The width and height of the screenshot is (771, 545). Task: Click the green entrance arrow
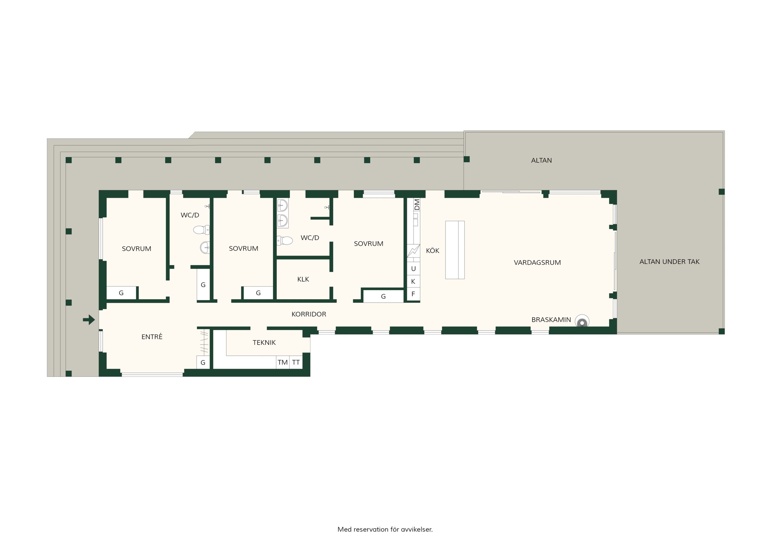[89, 320]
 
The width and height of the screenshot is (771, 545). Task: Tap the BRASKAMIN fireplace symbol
[582, 321]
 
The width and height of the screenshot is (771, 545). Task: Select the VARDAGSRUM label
[537, 263]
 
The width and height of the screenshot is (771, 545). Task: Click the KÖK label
[432, 251]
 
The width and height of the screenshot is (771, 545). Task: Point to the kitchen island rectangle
[455, 250]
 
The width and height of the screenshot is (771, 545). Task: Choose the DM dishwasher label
[417, 204]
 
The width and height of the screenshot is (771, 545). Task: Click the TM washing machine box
[283, 362]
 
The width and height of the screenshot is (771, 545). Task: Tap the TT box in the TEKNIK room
[296, 362]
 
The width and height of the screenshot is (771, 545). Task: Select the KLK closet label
[303, 279]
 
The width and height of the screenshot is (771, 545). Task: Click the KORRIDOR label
[309, 314]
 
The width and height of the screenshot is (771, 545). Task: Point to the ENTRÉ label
[152, 336]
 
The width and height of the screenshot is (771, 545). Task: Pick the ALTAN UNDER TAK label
[669, 262]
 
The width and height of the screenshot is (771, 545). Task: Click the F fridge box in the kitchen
[414, 294]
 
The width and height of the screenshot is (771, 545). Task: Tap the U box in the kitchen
[414, 269]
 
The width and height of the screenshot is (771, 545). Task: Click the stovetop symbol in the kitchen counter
[414, 251]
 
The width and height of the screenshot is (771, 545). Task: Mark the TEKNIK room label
[264, 343]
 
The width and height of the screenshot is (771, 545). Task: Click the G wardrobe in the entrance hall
[203, 363]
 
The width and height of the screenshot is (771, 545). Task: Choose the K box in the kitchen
[414, 282]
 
